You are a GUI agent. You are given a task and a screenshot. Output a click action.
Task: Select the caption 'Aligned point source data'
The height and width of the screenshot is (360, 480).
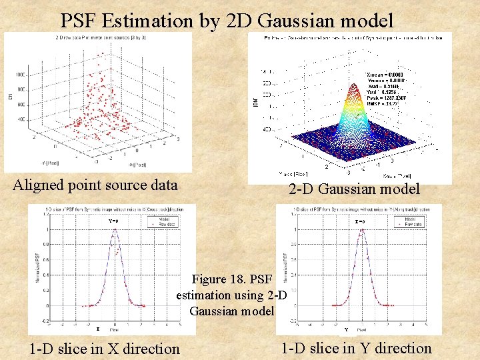pos(95,185)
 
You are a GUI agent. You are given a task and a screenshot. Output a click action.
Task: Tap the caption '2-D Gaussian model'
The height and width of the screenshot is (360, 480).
pos(354,189)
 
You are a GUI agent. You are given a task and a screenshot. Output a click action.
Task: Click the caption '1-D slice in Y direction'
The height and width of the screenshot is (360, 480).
pos(356,347)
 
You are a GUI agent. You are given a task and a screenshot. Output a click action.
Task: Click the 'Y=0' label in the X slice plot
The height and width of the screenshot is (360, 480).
pos(113,221)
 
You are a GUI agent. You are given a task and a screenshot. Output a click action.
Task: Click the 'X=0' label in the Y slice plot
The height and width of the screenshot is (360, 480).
pos(360,221)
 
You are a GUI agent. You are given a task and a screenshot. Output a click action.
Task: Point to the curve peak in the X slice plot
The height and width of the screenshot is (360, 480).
pos(114,229)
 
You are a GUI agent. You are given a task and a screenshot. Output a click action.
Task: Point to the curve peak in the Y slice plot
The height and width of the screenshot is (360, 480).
pos(361,229)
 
